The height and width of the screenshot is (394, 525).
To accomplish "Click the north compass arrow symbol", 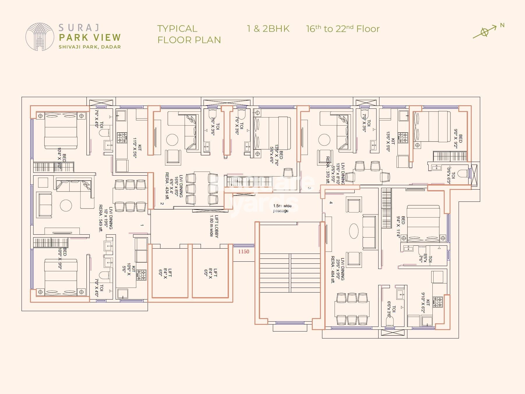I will pyautogui.click(x=485, y=32).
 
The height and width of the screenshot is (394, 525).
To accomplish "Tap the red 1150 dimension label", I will pyautogui.click(x=244, y=252).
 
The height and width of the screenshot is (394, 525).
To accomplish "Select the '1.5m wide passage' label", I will pyautogui.click(x=281, y=208).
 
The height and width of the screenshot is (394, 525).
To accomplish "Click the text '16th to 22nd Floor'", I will pyautogui.click(x=343, y=29).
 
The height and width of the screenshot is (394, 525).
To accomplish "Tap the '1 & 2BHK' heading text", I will pyautogui.click(x=268, y=29).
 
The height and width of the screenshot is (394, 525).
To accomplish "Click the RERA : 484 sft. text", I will pyautogui.click(x=333, y=269).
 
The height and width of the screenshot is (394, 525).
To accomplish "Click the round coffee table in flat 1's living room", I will pyautogui.click(x=66, y=206).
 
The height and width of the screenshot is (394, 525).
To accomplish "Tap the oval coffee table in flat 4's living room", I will pyautogui.click(x=354, y=231).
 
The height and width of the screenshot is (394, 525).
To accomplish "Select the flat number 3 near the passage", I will pyautogui.click(x=310, y=188).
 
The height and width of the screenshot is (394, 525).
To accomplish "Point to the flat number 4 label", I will pyautogui.click(x=331, y=202).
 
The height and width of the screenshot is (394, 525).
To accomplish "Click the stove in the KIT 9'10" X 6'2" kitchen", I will pyautogui.click(x=438, y=302).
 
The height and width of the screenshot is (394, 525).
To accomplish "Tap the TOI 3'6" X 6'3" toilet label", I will pyautogui.click(x=451, y=175).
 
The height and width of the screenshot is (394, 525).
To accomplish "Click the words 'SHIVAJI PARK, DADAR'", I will pyautogui.click(x=90, y=47).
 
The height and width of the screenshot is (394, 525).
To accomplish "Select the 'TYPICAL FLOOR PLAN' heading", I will pyautogui.click(x=189, y=34).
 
